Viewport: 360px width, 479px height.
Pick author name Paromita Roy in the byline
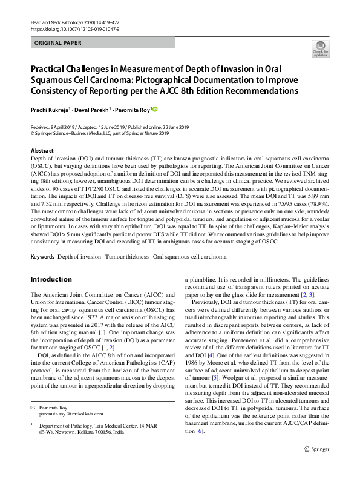point(134,109)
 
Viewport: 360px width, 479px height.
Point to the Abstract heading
point(42,150)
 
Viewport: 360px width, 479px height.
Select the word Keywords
point(43,257)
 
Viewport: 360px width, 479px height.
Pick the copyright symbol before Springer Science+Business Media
point(32,133)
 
